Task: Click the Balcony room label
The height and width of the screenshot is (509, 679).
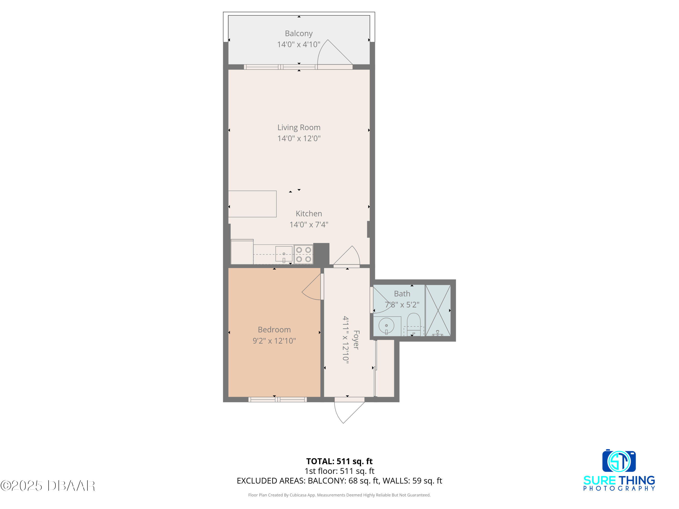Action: point(299,33)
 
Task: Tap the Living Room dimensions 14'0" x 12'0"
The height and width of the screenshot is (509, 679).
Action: point(299,138)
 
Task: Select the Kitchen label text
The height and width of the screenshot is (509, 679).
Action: point(309,214)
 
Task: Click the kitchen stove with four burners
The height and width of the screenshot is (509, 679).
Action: point(303,254)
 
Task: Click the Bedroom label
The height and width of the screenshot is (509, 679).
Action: point(274,330)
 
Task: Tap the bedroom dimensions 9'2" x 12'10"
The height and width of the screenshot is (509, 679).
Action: point(274,340)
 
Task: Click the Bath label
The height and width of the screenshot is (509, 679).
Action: point(402,294)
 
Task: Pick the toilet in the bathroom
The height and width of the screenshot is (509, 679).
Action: point(414,324)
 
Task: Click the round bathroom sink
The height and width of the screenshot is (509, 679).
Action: point(387,326)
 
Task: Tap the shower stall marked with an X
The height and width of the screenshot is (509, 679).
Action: point(438,310)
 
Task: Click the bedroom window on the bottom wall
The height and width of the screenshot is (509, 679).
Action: point(277,400)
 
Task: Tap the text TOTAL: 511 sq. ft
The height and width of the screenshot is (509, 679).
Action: point(339,461)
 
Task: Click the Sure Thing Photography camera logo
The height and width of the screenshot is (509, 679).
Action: point(619,461)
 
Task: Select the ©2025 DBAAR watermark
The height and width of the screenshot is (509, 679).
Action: point(48,486)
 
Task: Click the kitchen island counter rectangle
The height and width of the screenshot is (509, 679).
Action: point(252,204)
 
